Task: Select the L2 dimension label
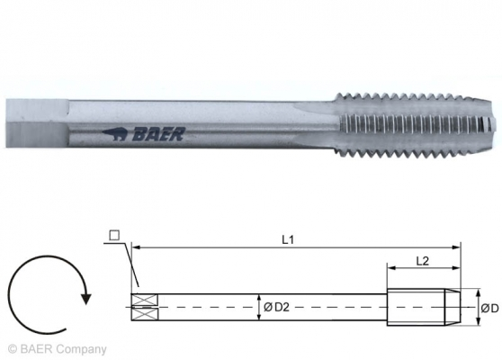[422, 258]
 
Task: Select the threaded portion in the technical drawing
[423, 306]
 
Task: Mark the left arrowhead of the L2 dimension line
[390, 267]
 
